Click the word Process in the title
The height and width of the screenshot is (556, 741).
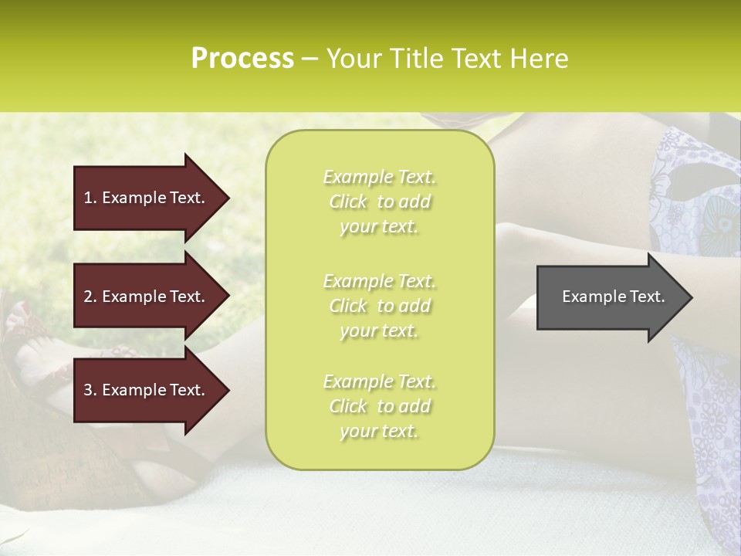pyautogui.click(x=242, y=59)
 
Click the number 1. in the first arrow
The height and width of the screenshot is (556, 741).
pyautogui.click(x=90, y=198)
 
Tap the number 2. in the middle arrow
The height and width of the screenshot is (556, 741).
pyautogui.click(x=90, y=297)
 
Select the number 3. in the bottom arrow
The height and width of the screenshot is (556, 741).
pyautogui.click(x=90, y=390)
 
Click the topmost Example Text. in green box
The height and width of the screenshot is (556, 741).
pyautogui.click(x=379, y=177)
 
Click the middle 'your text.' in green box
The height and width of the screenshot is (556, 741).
pyautogui.click(x=379, y=331)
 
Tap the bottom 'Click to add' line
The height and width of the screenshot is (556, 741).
pyautogui.click(x=379, y=406)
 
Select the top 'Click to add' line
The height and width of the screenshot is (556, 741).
pyautogui.click(x=379, y=202)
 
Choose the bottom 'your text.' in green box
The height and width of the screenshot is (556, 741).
pyautogui.click(x=379, y=431)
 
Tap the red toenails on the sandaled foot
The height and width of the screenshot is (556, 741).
pyautogui.click(x=19, y=316)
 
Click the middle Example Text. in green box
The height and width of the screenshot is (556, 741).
pyautogui.click(x=379, y=280)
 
